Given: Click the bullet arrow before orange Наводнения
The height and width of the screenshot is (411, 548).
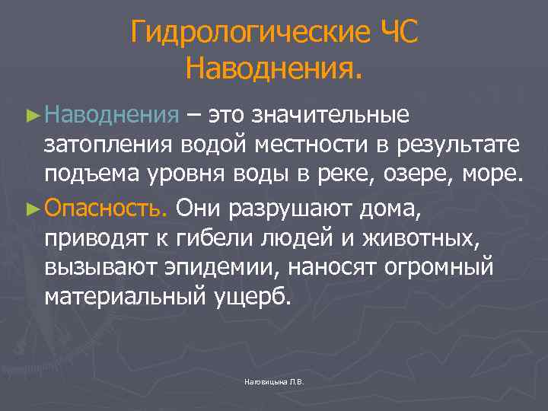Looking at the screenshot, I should pos(32,115).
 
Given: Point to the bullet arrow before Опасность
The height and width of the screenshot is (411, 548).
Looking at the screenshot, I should pos(32,206).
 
